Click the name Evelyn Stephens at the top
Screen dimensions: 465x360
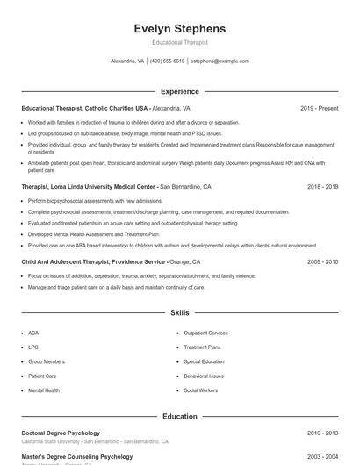tap(180, 28)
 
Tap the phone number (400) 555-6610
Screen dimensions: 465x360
tap(167, 61)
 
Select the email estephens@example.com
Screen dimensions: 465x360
tap(220, 61)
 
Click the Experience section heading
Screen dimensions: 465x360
tap(180, 91)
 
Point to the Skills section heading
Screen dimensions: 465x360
tap(180, 312)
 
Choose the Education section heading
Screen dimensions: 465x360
tap(180, 417)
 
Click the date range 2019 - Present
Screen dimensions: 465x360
tap(319, 108)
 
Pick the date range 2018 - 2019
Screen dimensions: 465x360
tap(322, 187)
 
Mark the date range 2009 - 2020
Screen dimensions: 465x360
tap(322, 261)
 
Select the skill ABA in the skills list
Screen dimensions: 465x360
tap(33, 333)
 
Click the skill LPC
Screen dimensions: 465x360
tap(33, 347)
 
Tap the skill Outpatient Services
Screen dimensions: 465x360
tap(205, 333)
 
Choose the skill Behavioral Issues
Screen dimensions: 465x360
tap(204, 376)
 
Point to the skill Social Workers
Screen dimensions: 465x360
tap(201, 390)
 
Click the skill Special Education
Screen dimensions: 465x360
tap(204, 361)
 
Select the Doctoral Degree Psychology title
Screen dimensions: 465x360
tap(61, 433)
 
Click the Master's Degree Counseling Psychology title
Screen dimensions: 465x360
tap(77, 457)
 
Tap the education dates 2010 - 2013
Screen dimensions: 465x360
tap(322, 433)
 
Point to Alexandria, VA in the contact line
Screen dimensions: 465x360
tap(127, 61)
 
